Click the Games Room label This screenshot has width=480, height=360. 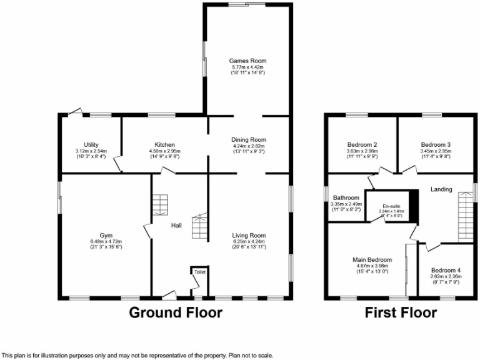(246, 61)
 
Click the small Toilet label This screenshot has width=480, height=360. (199, 272)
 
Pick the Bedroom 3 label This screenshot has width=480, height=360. (436, 144)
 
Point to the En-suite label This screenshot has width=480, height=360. (391, 206)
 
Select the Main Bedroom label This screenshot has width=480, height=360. (371, 259)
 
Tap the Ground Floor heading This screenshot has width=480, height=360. (176, 312)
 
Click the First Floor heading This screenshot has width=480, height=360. (401, 312)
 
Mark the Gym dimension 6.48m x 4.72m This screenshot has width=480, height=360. (100, 242)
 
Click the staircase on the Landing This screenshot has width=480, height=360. (466, 216)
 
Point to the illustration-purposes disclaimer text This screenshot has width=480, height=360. (138, 355)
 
